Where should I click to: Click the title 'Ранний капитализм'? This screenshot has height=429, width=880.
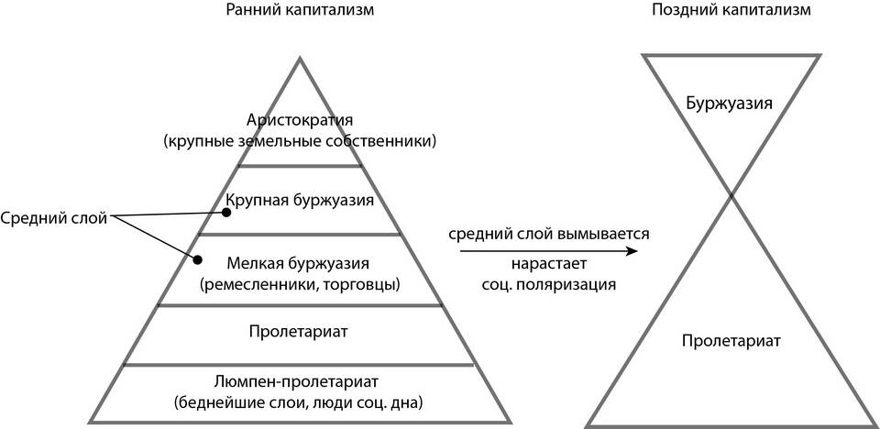tap(301, 11)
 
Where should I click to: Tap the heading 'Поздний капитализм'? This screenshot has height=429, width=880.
tap(731, 11)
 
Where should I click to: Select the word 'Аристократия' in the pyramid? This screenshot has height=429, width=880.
tap(300, 121)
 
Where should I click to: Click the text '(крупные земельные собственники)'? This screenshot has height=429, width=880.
tap(300, 141)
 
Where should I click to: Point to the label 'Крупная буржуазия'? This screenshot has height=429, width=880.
tap(300, 201)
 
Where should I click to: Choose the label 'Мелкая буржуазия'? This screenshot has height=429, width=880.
tap(300, 263)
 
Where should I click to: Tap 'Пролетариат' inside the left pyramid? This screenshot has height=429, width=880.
tap(300, 331)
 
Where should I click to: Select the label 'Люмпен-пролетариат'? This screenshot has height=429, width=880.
tap(297, 382)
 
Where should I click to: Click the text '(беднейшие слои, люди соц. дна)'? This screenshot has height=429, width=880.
tap(298, 403)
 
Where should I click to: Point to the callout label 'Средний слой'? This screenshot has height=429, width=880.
tap(53, 218)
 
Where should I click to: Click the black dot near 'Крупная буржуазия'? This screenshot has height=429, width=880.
tap(225, 213)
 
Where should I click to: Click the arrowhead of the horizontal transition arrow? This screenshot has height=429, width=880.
tap(632, 250)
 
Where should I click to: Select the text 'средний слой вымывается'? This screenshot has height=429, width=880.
tap(549, 233)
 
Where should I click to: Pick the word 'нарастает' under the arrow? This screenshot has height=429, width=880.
tap(549, 263)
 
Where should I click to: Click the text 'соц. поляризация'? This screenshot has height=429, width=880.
tap(549, 284)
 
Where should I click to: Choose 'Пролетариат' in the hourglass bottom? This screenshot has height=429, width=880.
tap(731, 340)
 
